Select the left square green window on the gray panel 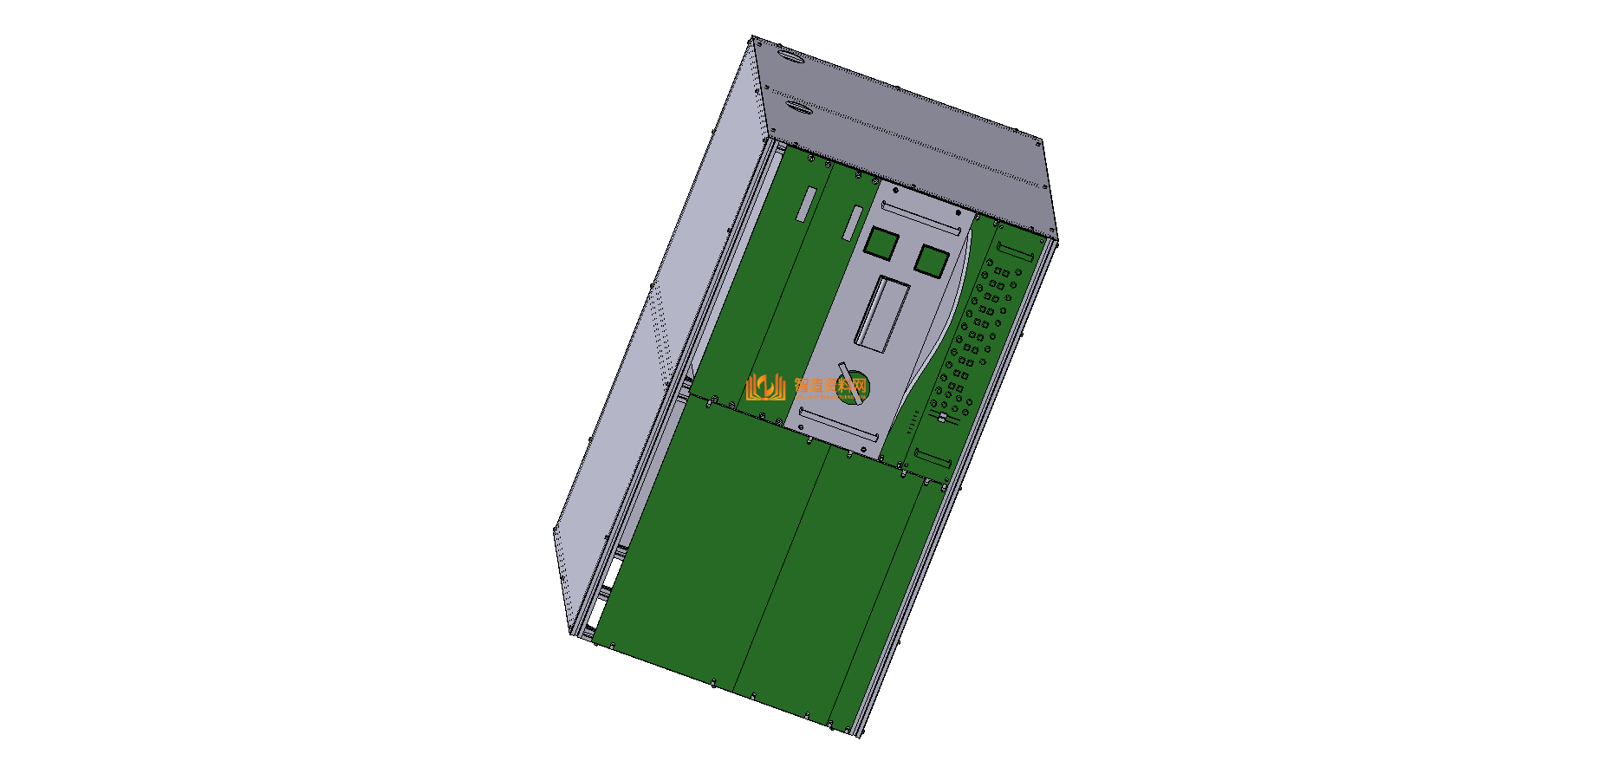[x=881, y=244]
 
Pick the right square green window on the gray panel [x=932, y=260]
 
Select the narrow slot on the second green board [x=854, y=224]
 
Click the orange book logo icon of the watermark [x=764, y=387]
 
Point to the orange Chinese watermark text [x=830, y=386]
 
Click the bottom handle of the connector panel [x=933, y=459]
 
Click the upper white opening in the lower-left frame [x=613, y=572]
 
